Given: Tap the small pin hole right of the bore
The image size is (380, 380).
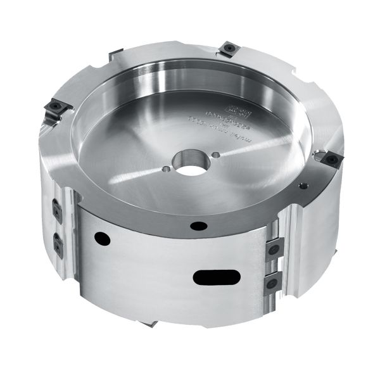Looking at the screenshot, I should pyautogui.click(x=217, y=153).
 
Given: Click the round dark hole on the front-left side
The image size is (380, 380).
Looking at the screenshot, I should pyautogui.click(x=99, y=237).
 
